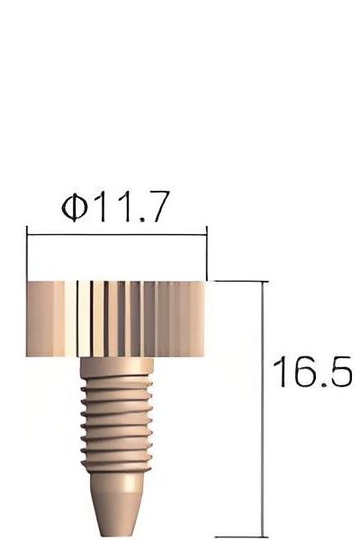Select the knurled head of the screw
tap(120, 315)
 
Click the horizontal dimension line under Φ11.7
tap(118, 236)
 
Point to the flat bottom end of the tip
tap(118, 533)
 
